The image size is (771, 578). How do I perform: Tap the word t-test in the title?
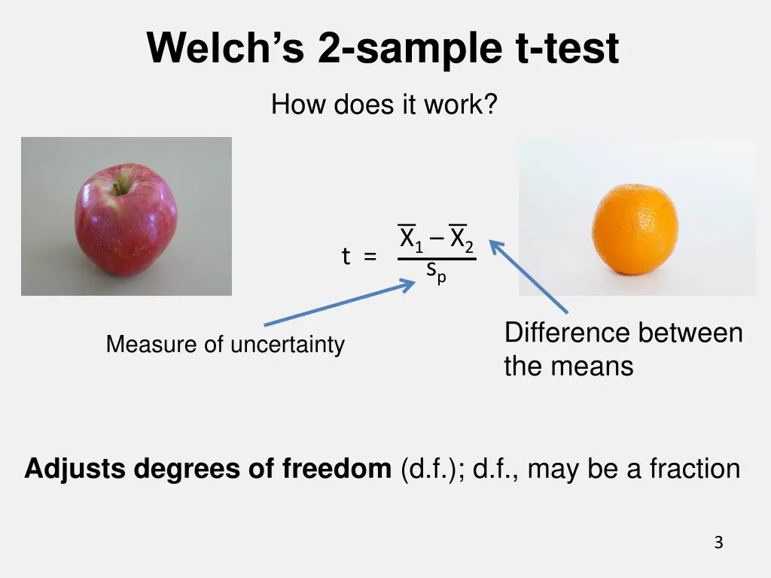[567, 49]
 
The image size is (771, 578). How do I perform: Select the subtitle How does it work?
[384, 104]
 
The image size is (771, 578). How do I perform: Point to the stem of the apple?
[118, 183]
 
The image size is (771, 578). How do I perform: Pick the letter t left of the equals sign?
[346, 257]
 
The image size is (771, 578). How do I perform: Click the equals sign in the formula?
[370, 257]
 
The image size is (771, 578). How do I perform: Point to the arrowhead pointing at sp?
[410, 283]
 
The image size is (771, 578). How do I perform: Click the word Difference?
[565, 333]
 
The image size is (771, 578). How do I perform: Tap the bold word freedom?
[337, 469]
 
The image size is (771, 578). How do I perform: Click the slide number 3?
[718, 542]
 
